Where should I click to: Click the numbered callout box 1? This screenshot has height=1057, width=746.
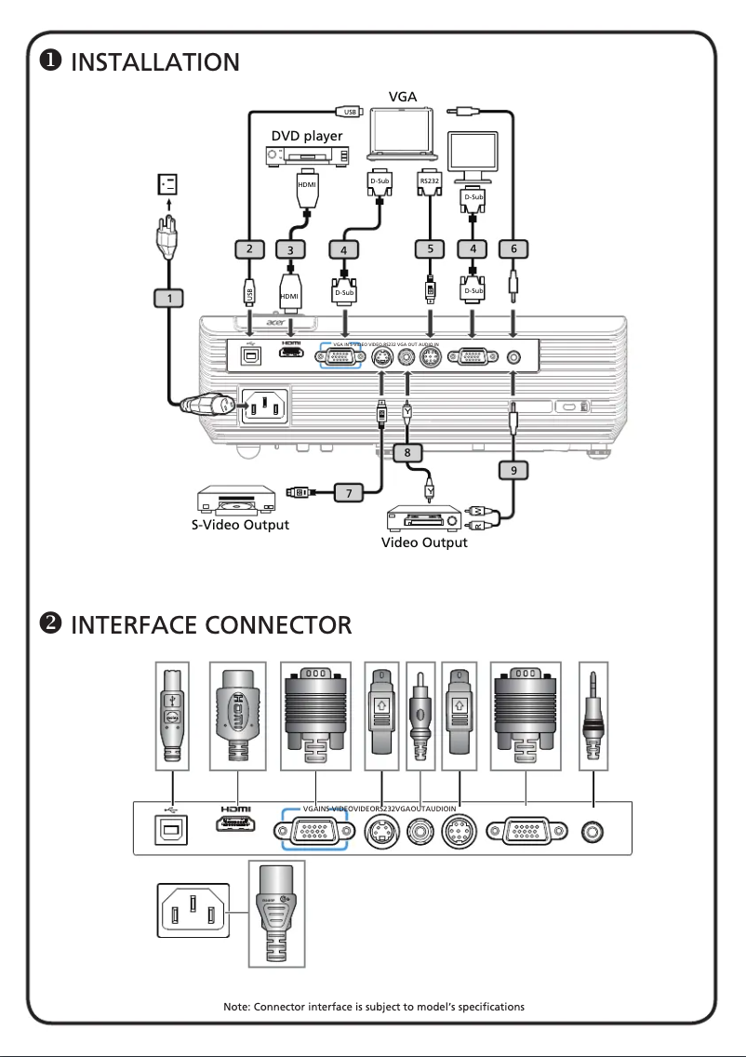[x=168, y=298]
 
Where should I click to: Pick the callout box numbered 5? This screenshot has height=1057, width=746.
[x=430, y=248]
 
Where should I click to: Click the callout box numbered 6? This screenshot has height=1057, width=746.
[x=513, y=248]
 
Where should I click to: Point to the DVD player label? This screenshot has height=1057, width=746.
[x=307, y=136]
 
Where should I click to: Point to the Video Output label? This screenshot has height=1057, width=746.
[x=424, y=542]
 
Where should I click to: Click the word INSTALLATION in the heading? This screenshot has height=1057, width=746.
[x=155, y=62]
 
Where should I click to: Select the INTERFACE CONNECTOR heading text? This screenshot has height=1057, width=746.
[x=211, y=624]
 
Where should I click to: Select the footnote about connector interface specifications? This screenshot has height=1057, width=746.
[x=374, y=1007]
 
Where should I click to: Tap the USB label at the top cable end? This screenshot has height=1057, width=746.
[x=351, y=112]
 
